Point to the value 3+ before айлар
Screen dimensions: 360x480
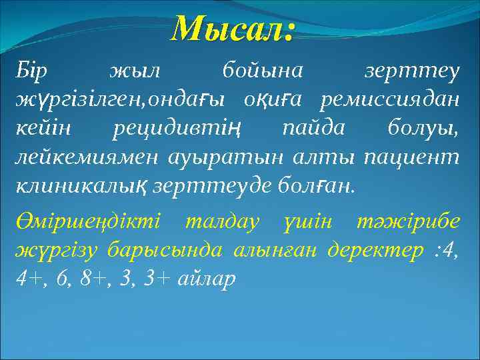tap(156, 278)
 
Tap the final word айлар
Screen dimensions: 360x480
tap(207, 278)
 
